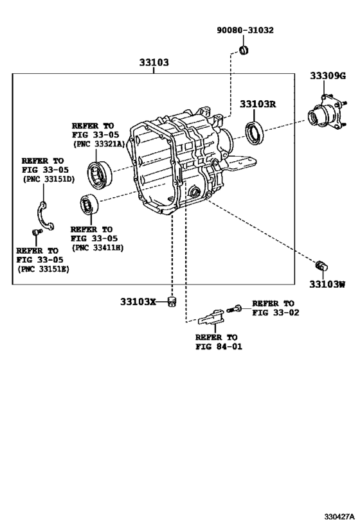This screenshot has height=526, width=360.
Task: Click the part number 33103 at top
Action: pyautogui.click(x=154, y=63)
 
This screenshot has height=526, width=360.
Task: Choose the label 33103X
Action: pyautogui.click(x=138, y=301)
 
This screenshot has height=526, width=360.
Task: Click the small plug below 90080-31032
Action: pyautogui.click(x=244, y=50)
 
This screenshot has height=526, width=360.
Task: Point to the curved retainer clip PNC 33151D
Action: pyautogui.click(x=43, y=216)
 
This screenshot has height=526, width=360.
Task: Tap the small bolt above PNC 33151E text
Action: pyautogui.click(x=32, y=232)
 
